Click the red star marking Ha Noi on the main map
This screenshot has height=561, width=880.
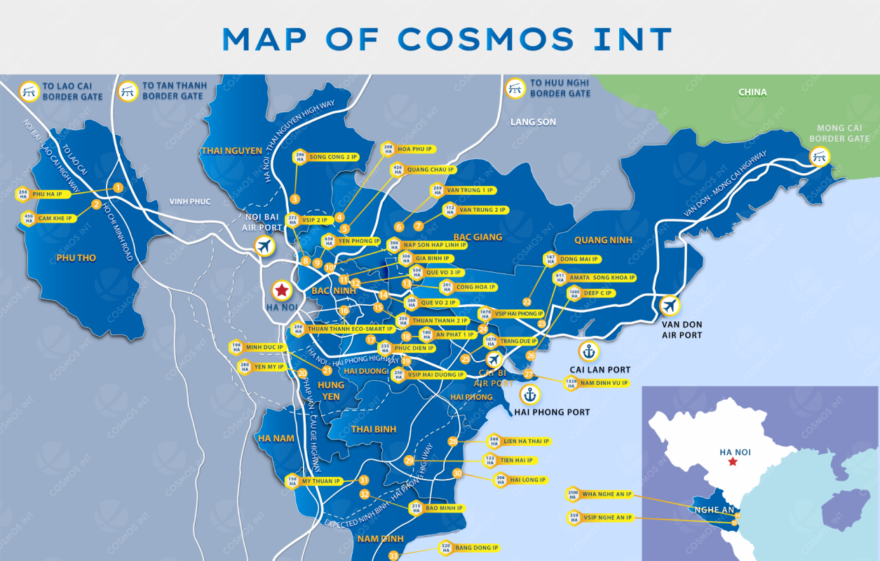[x=281, y=290]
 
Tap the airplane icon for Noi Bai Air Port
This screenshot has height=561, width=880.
[x=264, y=246]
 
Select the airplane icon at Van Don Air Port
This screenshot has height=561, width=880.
[x=670, y=306]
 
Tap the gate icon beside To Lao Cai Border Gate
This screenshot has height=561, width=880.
[x=29, y=91]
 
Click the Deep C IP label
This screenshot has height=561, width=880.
[x=600, y=292]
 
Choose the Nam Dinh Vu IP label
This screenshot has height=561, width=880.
[x=604, y=383]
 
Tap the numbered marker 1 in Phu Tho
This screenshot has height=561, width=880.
[x=118, y=187]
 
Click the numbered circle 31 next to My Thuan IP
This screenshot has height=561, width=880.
[x=363, y=480]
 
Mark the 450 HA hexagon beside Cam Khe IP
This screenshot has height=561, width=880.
[x=29, y=219]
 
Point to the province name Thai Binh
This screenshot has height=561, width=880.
[x=374, y=429]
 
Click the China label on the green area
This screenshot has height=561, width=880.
[x=752, y=92]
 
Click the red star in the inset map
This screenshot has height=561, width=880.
[x=733, y=462]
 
